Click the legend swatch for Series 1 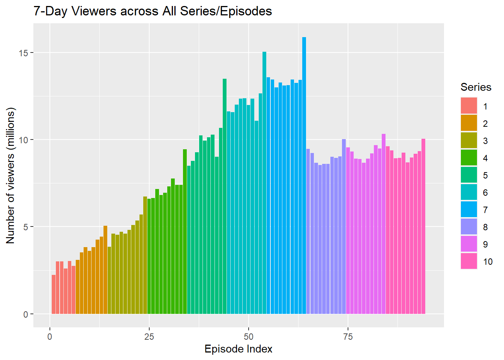469,106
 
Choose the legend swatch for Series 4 469,157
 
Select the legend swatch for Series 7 469,209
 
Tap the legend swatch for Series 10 469,261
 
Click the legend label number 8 485,227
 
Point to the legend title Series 475,87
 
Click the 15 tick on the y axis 24,53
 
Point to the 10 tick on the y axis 24,140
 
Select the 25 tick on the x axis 149,336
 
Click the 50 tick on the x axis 249,336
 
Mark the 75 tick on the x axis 348,336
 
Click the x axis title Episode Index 238,349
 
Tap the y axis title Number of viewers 10,175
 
